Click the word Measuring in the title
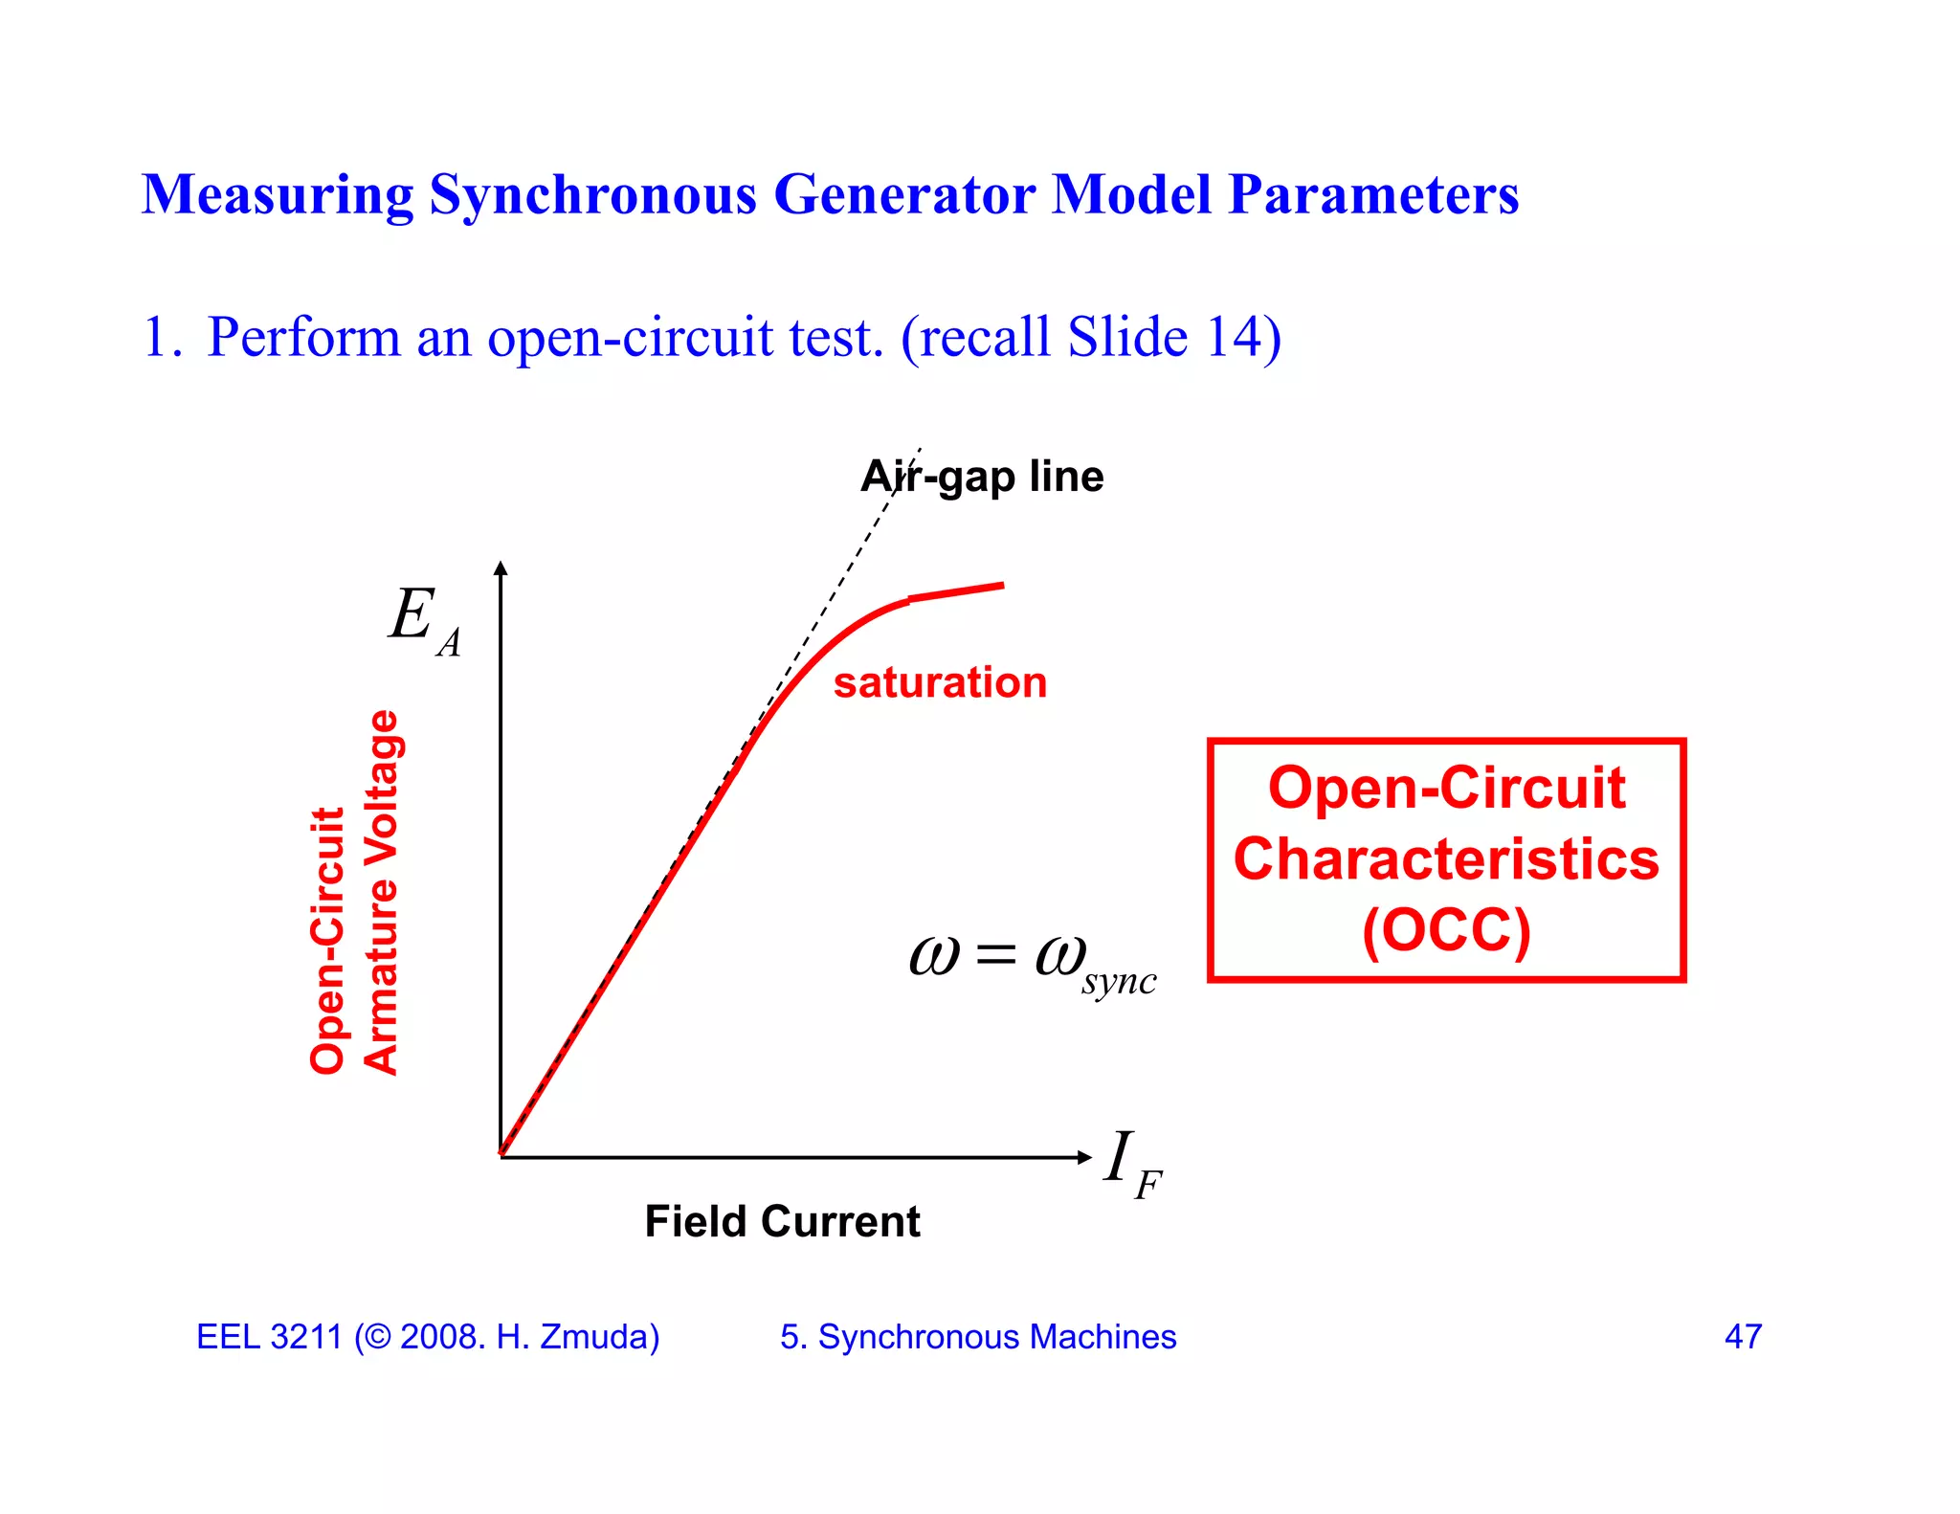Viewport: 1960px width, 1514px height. coord(278,196)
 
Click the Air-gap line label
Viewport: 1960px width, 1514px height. coord(982,477)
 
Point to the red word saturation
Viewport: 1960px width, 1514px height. coord(940,683)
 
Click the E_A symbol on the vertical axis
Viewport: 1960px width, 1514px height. coord(424,619)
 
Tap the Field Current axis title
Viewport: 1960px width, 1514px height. coord(782,1222)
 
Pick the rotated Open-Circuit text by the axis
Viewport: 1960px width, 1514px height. coord(327,940)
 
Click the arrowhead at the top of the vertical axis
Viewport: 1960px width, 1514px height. coord(501,568)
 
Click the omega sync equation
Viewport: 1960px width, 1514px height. coord(1032,961)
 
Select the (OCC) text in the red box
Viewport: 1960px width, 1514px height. coord(1446,929)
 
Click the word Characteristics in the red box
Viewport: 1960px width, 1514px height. coord(1446,858)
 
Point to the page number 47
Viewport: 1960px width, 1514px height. coord(1743,1337)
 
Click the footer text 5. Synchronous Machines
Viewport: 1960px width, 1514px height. coord(978,1337)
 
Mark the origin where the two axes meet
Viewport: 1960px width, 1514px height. coord(501,1157)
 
